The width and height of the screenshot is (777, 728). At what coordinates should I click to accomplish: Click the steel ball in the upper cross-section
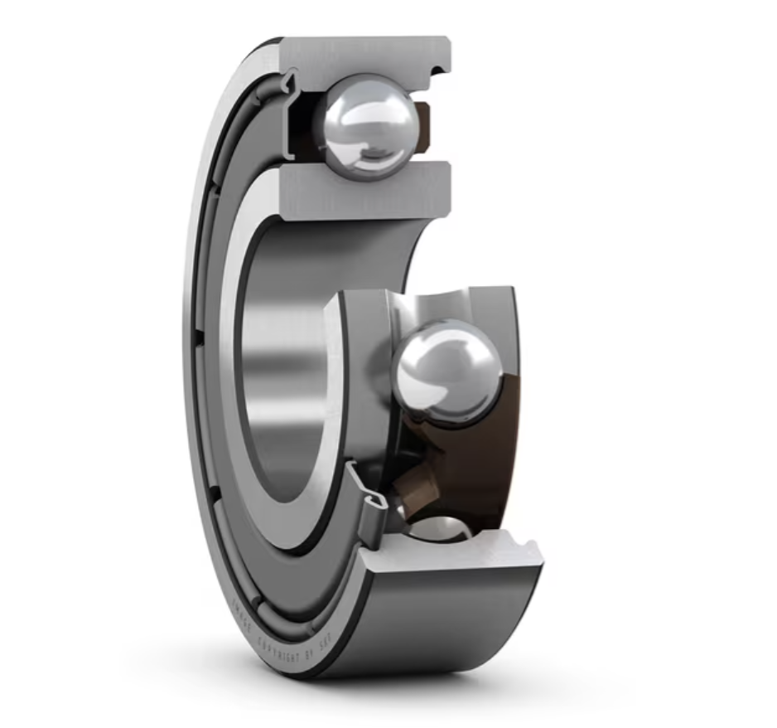pyautogui.click(x=367, y=125)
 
